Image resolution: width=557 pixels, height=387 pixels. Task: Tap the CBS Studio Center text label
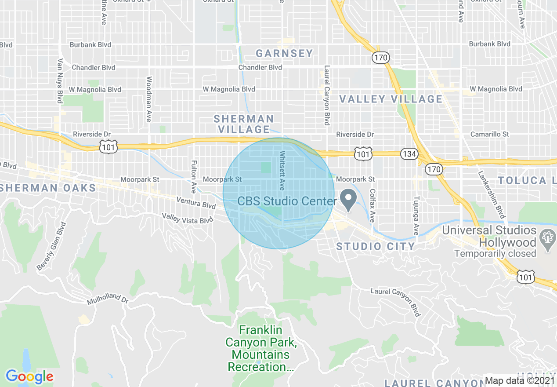point(287,201)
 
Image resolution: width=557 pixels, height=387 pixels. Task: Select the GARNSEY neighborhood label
point(284,54)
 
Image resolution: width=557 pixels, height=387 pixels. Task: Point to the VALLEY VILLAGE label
point(391,99)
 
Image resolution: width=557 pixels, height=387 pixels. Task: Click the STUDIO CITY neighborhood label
point(376,246)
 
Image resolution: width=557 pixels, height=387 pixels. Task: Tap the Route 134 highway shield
point(409,154)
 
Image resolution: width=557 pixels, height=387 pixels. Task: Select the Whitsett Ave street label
point(282,171)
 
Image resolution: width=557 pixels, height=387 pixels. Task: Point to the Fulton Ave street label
point(193,177)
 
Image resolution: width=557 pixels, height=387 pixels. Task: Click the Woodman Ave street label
point(149,99)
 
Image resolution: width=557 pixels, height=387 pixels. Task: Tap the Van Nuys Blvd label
point(60,81)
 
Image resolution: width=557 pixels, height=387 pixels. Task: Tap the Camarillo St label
point(489,134)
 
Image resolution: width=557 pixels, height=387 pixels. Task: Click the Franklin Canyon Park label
point(258,348)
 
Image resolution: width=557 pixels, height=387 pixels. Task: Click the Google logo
point(29,376)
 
